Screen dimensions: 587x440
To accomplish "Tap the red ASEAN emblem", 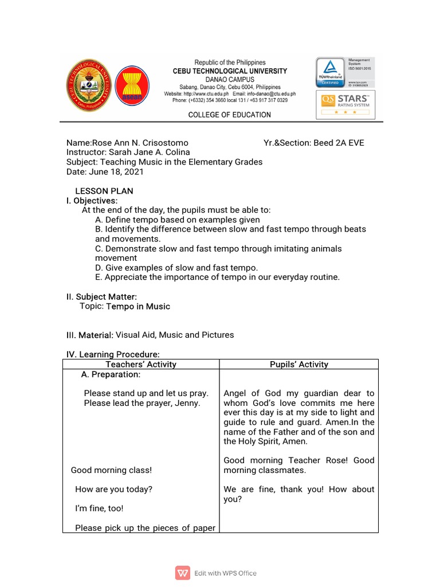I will (132, 87).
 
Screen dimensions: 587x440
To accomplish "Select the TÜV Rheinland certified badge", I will (331, 72).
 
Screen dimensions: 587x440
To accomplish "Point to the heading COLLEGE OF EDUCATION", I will (230, 115).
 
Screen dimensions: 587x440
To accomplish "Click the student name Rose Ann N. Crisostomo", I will (140, 143).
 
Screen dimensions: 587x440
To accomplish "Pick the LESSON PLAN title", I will (104, 191).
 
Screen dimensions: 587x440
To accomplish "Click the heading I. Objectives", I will (92, 201).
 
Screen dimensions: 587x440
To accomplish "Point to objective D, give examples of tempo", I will (176, 268).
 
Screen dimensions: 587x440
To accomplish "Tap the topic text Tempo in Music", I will (138, 306).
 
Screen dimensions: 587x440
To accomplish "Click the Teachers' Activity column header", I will (141, 364).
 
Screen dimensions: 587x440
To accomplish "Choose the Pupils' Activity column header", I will (299, 364).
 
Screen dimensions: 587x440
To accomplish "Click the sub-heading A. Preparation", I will (111, 374).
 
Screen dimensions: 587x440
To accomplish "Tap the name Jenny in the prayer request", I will (188, 403).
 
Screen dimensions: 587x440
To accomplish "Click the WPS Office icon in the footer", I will (183, 573).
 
